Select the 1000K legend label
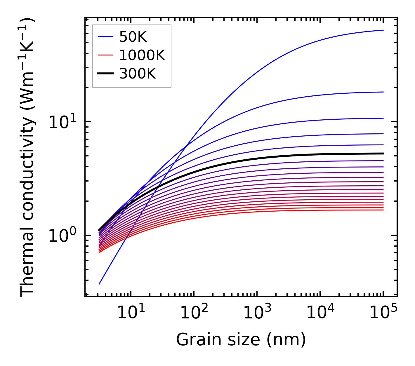pos(142,55)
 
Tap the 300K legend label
pos(138,74)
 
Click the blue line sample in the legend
pos(105,37)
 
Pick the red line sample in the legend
pos(105,55)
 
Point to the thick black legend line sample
pos(105,74)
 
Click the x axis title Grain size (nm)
pos(241,340)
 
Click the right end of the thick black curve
pos(383,154)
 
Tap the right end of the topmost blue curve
pos(383,30)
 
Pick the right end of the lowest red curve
pos(383,210)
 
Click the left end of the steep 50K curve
pos(99,284)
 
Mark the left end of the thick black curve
pos(99,230)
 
